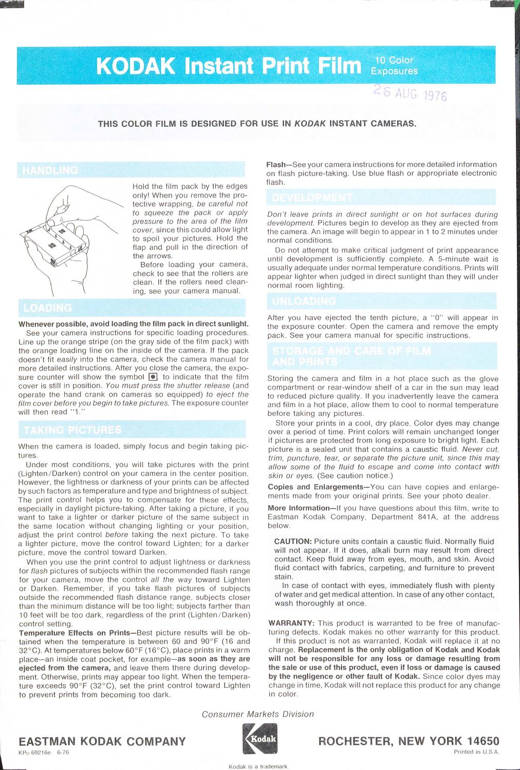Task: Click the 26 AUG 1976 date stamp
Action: pos(410,93)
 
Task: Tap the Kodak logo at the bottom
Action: pos(260,739)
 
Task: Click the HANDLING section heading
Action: pos(50,170)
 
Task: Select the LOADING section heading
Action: pos(48,308)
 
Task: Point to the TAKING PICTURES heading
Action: pos(72,430)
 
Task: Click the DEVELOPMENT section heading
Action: pos(312,198)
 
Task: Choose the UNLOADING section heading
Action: pos(304,301)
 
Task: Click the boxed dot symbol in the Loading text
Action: pos(153,377)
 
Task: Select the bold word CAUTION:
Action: pos(293,542)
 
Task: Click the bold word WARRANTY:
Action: pos(291,623)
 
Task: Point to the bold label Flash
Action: pos(276,165)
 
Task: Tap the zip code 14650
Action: pos(483,741)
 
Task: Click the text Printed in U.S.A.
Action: pos(476,752)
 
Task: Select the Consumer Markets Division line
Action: pos(257,714)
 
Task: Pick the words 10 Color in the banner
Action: pos(394,61)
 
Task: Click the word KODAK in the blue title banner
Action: pos(136,66)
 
